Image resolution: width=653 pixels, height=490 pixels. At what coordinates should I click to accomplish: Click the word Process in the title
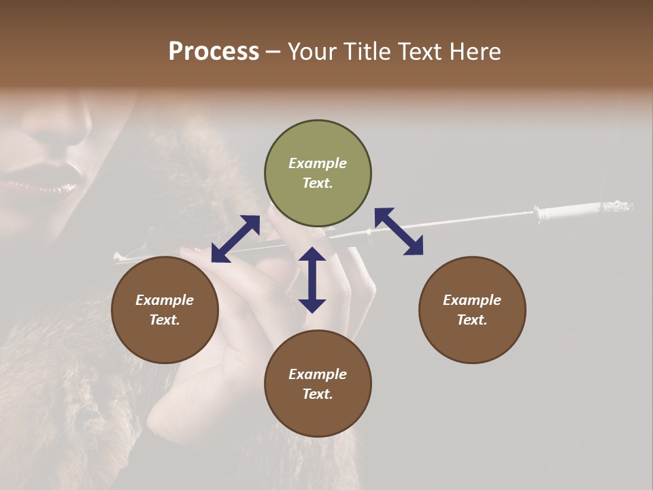point(214,52)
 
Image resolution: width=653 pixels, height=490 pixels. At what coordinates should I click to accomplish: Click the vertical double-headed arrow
point(312,280)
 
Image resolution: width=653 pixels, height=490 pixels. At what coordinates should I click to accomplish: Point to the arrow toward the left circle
point(235,239)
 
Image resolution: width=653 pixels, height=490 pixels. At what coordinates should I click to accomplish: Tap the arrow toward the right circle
point(399,231)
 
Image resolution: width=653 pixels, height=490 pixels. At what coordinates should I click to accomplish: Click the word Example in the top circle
point(318,163)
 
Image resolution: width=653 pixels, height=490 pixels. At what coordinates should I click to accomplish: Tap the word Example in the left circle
point(165,300)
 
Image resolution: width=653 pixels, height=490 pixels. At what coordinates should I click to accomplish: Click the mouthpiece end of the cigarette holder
point(119,257)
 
